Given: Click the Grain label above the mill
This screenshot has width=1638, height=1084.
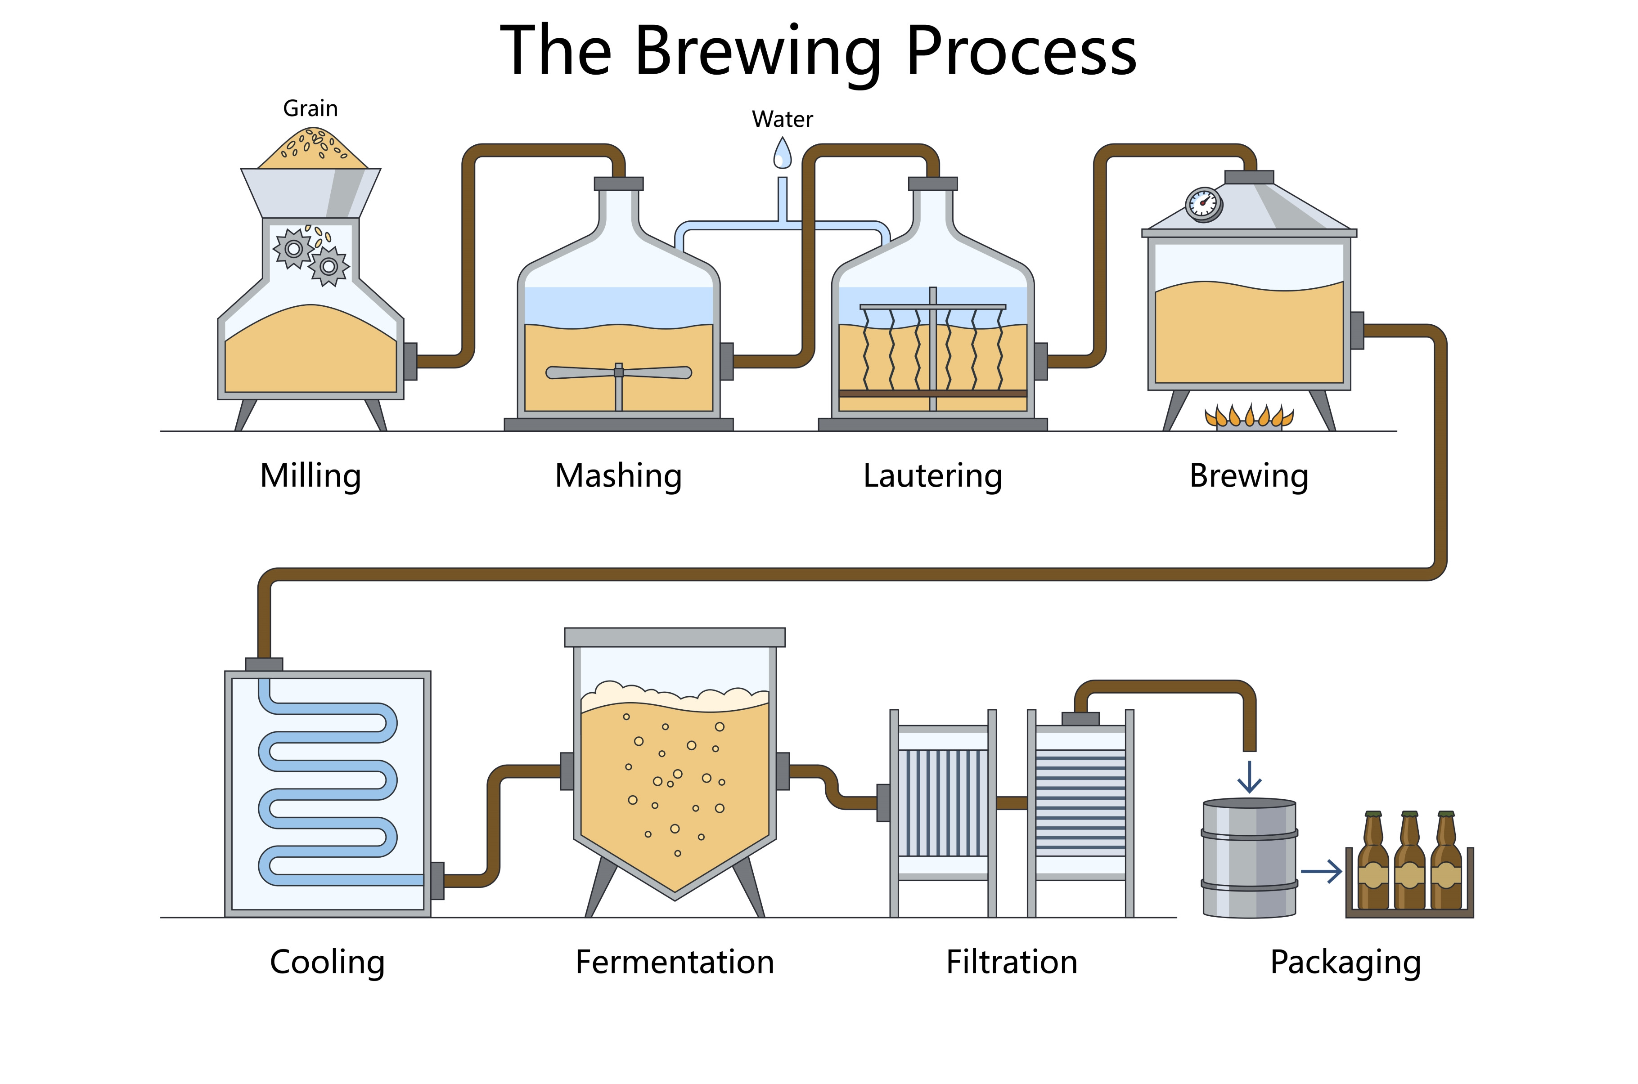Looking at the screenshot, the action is click(310, 108).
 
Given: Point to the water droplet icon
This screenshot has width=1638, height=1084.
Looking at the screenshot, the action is click(782, 153).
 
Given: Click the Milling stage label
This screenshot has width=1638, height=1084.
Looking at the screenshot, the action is click(310, 476).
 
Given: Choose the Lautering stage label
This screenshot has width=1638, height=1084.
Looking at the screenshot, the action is click(933, 476).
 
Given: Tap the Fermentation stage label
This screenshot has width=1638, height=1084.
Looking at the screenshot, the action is click(675, 962).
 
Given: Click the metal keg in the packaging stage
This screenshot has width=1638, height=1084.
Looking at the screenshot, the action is click(1249, 858).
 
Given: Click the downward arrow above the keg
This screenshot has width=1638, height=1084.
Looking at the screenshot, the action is click(1249, 777).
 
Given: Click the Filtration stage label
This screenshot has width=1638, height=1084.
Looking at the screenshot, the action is click(1012, 962).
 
